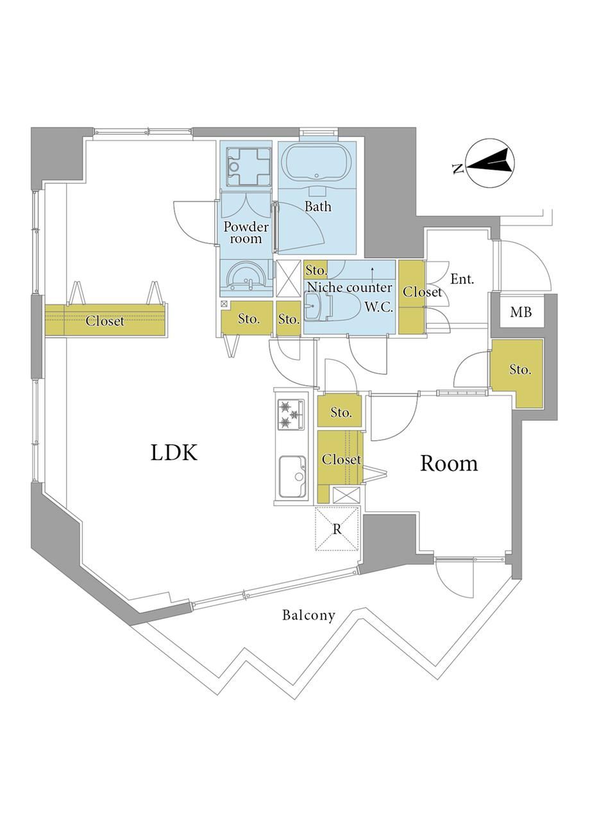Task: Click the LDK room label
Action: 174,452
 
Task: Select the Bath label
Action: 317,206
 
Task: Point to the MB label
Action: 521,313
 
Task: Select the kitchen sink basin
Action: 292,476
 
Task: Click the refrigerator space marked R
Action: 337,529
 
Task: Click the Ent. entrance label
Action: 462,279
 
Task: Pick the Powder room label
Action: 246,233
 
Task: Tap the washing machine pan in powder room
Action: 248,167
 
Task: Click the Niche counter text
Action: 350,287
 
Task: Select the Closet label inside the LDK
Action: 105,321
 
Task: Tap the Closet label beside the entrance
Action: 422,292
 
